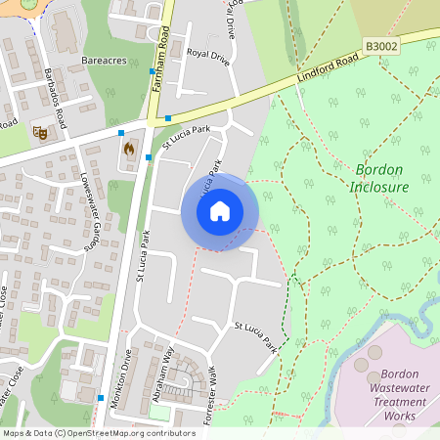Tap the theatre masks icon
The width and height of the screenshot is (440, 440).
(x=41, y=131)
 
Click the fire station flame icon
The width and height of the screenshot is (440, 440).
(x=128, y=150)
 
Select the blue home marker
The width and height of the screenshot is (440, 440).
(x=220, y=211)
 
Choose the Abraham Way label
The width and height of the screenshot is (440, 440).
(x=178, y=370)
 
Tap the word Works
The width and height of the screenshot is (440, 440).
(x=398, y=416)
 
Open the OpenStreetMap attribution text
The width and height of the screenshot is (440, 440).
(x=98, y=433)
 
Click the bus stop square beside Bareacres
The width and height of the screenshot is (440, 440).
(x=151, y=71)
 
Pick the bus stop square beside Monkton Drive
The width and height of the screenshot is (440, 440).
(x=101, y=397)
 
